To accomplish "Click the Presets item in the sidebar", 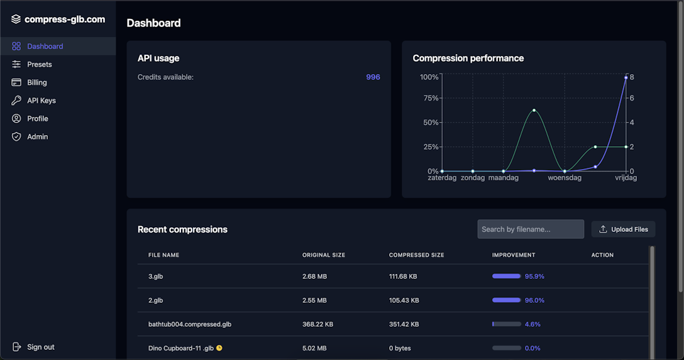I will click(x=39, y=64).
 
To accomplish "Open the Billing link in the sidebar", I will click(x=36, y=82).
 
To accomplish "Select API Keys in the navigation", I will click(x=41, y=101).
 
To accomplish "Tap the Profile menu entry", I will click(x=37, y=119).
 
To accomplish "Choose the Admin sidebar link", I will click(x=37, y=136).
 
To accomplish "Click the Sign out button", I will click(x=40, y=347).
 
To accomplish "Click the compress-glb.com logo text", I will click(x=64, y=19).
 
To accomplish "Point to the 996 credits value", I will click(x=373, y=77).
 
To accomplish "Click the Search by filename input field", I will click(x=530, y=229).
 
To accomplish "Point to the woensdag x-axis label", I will click(x=565, y=178).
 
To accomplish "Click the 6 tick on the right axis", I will click(x=632, y=98).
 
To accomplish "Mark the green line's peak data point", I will click(x=534, y=111).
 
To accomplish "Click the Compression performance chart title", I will click(x=468, y=58).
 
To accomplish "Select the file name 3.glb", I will click(x=155, y=276).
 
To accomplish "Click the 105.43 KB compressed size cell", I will click(x=404, y=300).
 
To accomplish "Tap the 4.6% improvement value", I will click(x=532, y=324).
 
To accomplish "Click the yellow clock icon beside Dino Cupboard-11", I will click(x=219, y=348).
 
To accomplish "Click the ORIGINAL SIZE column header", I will click(x=323, y=255).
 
